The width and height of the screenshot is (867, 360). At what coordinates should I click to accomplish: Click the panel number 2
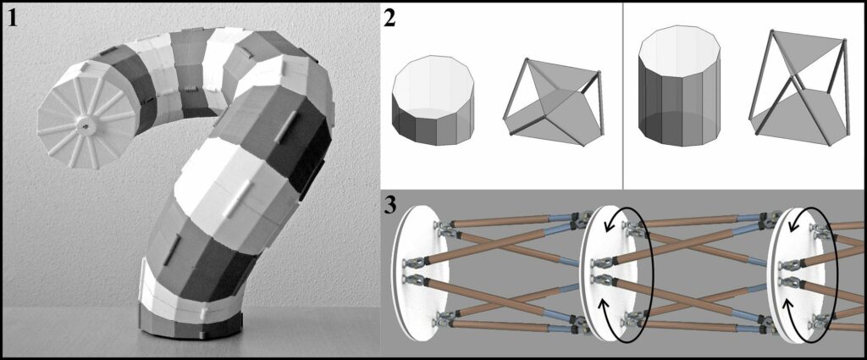(x=389, y=19)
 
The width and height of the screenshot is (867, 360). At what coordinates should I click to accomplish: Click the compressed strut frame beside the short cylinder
(x=553, y=102)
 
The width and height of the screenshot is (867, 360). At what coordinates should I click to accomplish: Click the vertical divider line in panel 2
(x=623, y=95)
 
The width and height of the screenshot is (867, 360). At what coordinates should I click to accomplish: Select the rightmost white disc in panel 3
(x=797, y=274)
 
